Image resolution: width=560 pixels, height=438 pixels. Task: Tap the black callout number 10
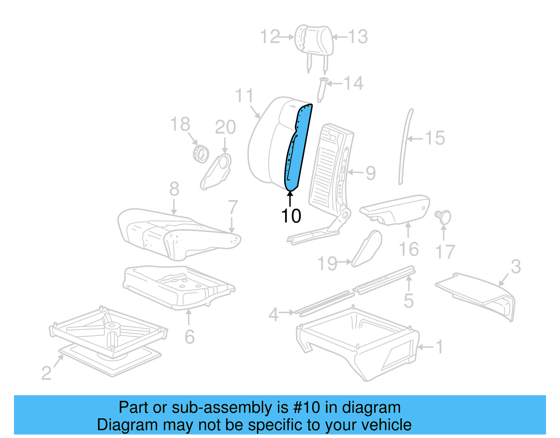pos(291,216)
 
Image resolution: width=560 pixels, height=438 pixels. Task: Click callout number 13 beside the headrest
pos(358,37)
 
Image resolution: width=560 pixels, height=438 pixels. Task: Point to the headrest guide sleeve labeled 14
pos(322,89)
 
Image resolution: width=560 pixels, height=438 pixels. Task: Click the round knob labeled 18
pos(201,154)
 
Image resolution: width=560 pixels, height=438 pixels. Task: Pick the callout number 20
pos(225,127)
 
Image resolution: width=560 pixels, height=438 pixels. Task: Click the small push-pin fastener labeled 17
pos(443,216)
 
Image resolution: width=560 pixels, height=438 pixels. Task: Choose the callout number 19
pos(327,263)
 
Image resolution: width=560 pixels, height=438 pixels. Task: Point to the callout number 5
pos(408,301)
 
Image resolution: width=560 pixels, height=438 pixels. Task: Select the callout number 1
pos(440,347)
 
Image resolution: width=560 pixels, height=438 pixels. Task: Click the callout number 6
pos(189,337)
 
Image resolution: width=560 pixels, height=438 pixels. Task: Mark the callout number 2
pos(46,373)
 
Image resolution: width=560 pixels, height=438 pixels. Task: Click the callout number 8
pos(174,189)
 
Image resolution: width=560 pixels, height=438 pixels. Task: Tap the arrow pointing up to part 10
pos(290,198)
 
